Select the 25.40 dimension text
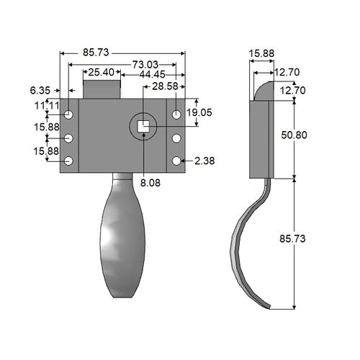point(101,73)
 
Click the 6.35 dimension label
point(40,90)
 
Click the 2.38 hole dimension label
point(204,161)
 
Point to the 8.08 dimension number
point(150,184)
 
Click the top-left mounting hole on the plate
point(68,114)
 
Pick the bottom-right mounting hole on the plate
point(176,161)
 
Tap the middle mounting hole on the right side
point(176,138)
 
